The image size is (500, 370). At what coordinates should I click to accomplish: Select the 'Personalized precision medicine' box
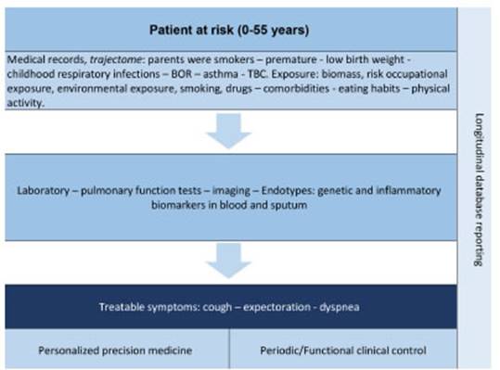tap(116, 351)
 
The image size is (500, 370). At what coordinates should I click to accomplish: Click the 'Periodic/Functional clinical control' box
tap(343, 351)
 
